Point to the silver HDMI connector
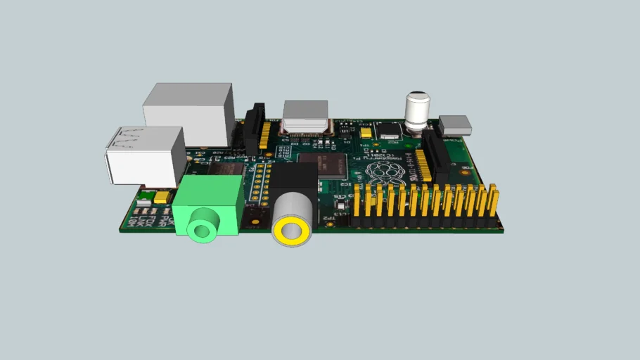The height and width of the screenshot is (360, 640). pyautogui.click(x=305, y=117)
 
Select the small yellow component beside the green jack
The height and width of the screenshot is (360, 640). pyautogui.click(x=163, y=198)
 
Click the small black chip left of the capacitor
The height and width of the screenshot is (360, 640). pyautogui.click(x=388, y=130)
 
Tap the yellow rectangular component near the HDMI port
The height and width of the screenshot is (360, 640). pyautogui.click(x=365, y=133)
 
